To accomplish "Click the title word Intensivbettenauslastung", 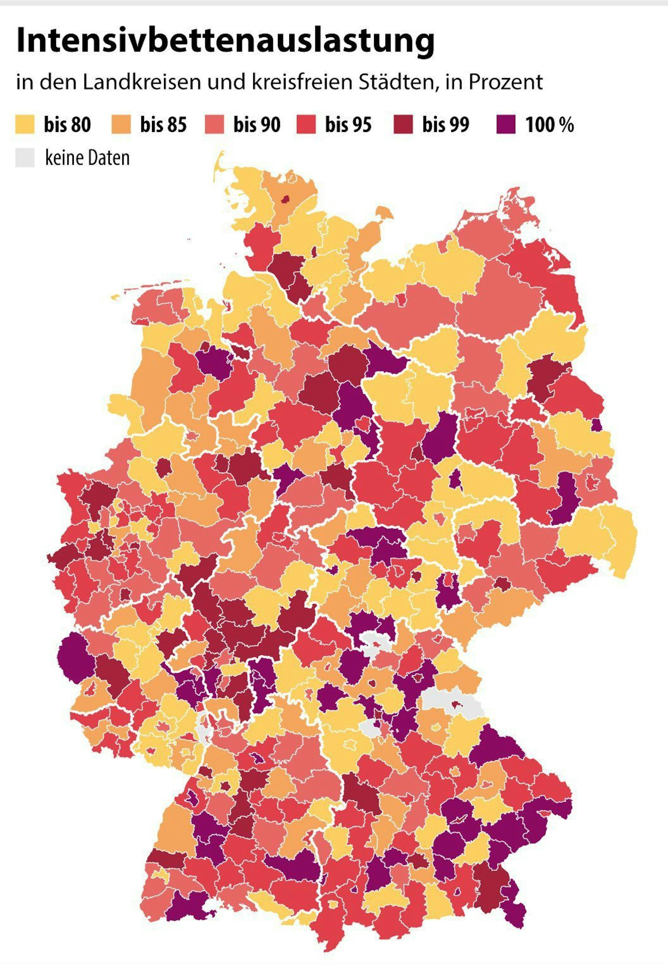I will pos(225,41).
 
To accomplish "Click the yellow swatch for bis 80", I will pos(25,125).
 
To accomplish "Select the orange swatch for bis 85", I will pos(121,125).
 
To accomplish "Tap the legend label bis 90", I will pos(257,125).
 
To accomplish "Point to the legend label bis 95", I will pos(348,125).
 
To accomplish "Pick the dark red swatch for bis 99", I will pos(403,125).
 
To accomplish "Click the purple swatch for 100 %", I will pos(506,125).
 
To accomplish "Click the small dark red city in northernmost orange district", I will pos(286,200).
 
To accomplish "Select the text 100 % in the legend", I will pos(549,125).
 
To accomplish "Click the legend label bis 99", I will pos(446,125).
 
